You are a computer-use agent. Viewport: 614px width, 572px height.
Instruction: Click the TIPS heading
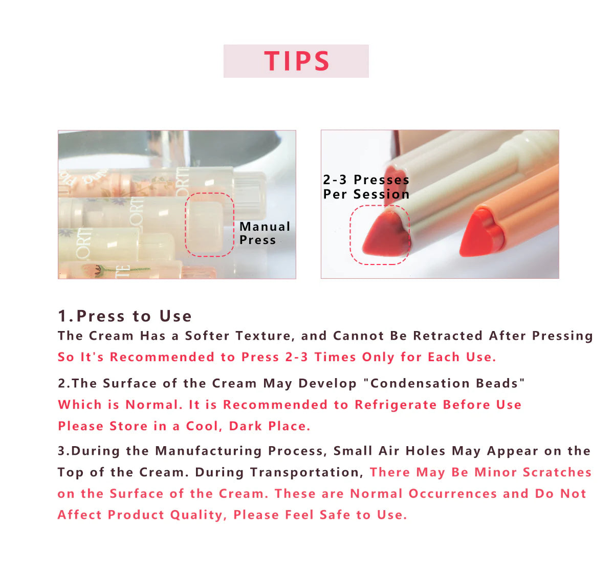click(x=296, y=61)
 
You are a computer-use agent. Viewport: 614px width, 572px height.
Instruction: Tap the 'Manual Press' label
click(x=265, y=233)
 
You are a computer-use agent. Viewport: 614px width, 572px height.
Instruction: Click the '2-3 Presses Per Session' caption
click(x=366, y=187)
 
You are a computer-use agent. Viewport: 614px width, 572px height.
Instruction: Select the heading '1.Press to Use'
click(x=125, y=316)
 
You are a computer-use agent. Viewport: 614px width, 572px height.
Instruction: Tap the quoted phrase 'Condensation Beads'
click(x=444, y=383)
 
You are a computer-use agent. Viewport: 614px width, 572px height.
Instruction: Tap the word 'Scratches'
click(x=557, y=472)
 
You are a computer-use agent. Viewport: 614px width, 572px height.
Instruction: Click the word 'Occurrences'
click(x=452, y=494)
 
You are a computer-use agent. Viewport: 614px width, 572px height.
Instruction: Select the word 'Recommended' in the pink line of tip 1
click(x=162, y=357)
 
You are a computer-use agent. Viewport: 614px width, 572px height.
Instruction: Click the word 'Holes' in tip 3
click(x=425, y=451)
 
